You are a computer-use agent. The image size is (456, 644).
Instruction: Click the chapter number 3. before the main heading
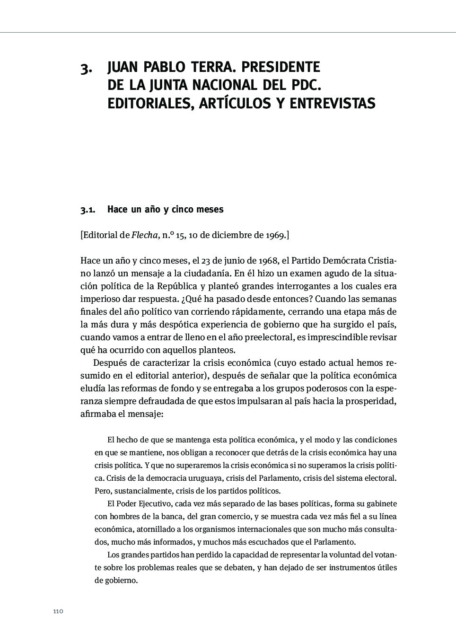pos(86,69)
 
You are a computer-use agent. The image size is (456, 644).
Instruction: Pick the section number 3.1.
pos(88,210)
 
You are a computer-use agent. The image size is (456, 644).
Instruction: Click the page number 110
pos(58,611)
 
